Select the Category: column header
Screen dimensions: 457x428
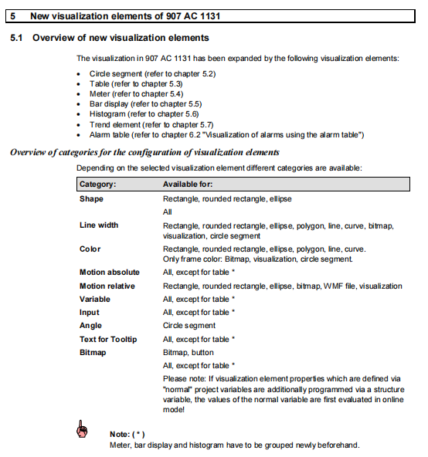(x=98, y=184)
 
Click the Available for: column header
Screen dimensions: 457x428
(x=188, y=184)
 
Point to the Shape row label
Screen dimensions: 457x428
(x=91, y=198)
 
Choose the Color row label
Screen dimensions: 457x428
(x=90, y=249)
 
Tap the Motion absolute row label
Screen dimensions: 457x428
(x=110, y=273)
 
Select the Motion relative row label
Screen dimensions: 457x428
(x=109, y=286)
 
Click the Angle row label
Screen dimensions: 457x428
(x=91, y=326)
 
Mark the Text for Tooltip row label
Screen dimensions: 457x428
(x=108, y=339)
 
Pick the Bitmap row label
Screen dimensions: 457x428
(x=93, y=352)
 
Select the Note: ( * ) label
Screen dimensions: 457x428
(x=127, y=434)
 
